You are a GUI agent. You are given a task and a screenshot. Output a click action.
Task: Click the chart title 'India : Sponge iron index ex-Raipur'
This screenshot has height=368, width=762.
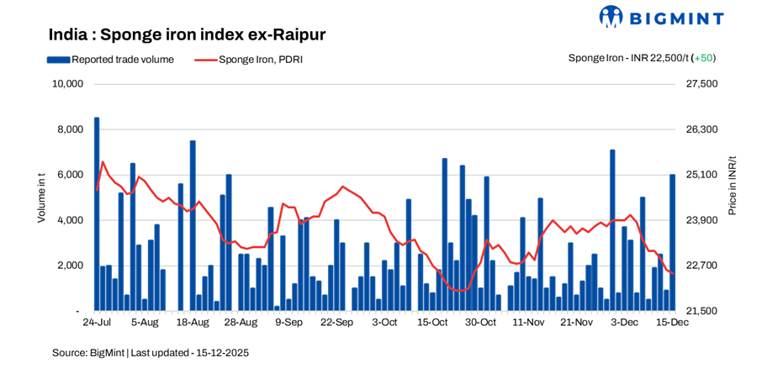point(187,34)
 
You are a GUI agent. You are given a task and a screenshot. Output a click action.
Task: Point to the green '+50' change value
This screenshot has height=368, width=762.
point(703,58)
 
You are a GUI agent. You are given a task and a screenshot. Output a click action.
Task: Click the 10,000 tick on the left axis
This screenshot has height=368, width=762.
point(66,84)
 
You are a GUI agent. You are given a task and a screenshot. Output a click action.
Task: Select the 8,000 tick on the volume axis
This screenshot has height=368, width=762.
point(70,129)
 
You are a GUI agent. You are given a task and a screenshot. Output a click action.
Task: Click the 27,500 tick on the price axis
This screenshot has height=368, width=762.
point(703,84)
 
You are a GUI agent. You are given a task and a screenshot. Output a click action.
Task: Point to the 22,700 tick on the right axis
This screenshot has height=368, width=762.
point(703,265)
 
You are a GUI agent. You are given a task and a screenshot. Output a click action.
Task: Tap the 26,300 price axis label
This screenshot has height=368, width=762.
point(703,129)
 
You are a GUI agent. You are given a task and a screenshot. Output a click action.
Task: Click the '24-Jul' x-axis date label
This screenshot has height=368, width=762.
point(97,323)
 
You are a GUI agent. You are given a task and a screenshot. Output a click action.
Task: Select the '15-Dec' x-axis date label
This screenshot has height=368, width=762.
point(672,323)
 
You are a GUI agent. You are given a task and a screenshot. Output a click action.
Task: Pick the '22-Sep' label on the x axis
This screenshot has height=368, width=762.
point(337,323)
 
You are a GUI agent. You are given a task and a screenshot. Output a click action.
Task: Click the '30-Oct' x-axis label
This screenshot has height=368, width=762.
point(480,323)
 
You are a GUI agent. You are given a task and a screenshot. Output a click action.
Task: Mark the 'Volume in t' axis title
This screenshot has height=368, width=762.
point(41,197)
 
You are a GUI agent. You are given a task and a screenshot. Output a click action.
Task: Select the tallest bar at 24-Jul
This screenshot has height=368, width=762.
point(97,214)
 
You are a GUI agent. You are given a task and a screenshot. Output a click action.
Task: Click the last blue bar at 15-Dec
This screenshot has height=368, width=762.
point(672,243)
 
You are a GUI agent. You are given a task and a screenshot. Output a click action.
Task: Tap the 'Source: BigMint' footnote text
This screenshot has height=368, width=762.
point(151,353)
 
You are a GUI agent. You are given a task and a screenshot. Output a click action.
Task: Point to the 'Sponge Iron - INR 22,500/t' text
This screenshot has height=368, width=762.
point(627,58)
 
